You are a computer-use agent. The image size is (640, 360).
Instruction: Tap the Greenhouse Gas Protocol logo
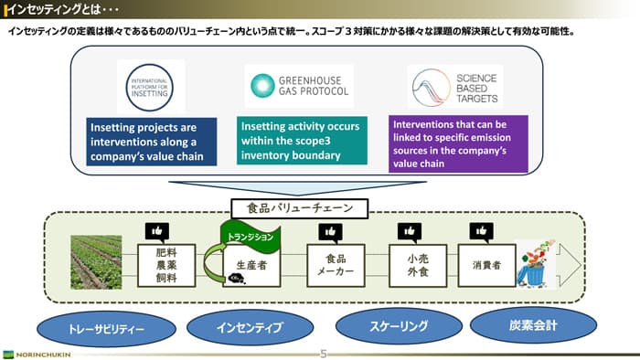pos(298,87)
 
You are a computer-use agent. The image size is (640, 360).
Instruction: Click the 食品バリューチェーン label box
pos(298,207)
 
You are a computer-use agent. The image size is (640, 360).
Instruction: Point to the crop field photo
pos(96,260)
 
